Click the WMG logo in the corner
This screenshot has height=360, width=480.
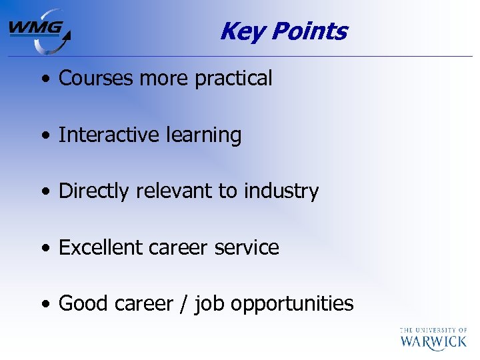click(39, 31)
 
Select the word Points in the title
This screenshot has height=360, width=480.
click(309, 31)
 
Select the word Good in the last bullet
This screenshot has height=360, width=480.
click(83, 303)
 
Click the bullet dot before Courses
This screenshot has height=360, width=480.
click(44, 79)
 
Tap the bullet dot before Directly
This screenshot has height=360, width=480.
click(44, 192)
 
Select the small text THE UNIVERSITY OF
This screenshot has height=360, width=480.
click(433, 329)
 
